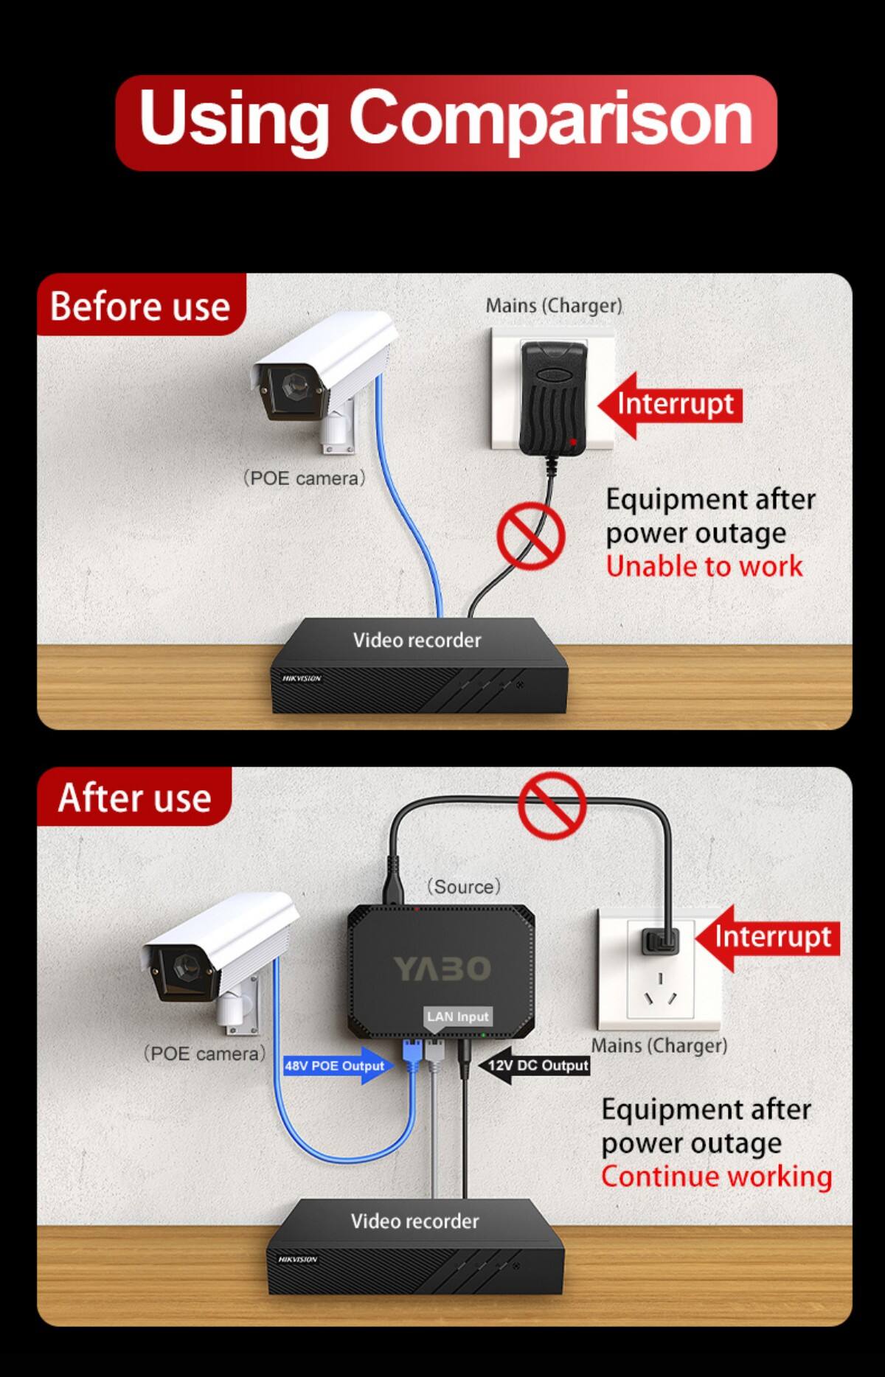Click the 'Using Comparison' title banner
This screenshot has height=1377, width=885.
coord(445,122)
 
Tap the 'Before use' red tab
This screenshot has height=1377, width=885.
coord(140,305)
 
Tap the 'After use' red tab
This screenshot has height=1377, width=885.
coord(134,798)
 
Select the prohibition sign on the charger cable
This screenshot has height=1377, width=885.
coord(530,535)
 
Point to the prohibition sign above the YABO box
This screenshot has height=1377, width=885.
coord(552,805)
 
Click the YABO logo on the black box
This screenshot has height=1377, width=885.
coord(441,969)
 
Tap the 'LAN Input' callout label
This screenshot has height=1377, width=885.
coord(457,1017)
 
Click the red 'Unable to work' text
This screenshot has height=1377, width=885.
coord(704,566)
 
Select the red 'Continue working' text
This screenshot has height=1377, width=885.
coord(715,1176)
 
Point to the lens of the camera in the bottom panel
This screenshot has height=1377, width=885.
coord(183,963)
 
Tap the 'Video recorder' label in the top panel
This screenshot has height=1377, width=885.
coord(417,640)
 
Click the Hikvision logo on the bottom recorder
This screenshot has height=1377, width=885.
coord(297,1259)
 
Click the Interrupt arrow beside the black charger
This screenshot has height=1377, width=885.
coord(670,405)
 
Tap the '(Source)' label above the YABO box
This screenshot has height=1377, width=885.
coord(464,886)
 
